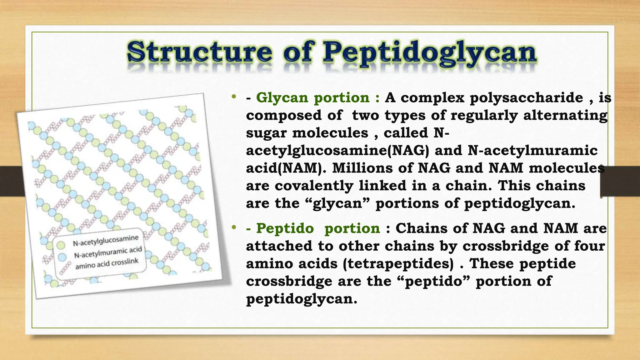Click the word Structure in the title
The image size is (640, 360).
(199, 52)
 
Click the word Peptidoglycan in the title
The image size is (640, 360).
(429, 52)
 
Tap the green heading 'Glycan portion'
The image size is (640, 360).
(313, 98)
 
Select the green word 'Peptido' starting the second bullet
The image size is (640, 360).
(285, 228)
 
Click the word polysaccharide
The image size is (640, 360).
(526, 98)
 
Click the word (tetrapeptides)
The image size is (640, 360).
(398, 264)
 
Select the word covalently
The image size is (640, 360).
(314, 186)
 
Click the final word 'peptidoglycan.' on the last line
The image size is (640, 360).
(301, 299)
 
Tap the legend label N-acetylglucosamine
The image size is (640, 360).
(106, 241)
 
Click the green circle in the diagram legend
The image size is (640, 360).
(61, 245)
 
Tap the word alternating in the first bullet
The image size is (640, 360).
(565, 115)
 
